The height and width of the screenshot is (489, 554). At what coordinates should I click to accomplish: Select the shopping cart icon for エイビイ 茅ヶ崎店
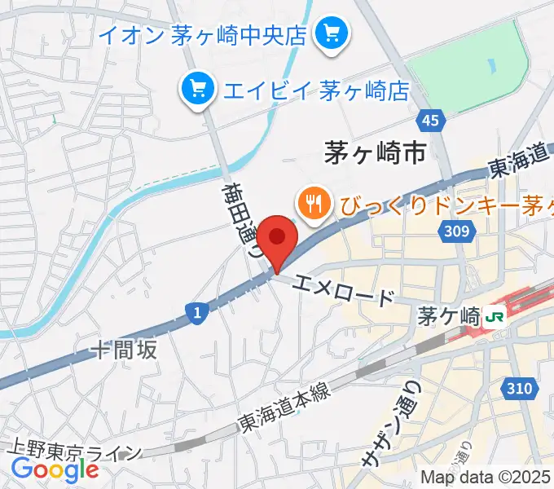pos(198,87)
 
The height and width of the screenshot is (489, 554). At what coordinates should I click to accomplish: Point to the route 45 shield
pos(432,121)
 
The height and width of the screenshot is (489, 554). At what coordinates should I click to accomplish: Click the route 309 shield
pos(457,233)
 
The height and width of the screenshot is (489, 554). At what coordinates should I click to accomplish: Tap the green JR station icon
pos(494,315)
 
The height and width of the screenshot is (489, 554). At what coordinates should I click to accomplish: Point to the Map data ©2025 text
pos(486,478)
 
